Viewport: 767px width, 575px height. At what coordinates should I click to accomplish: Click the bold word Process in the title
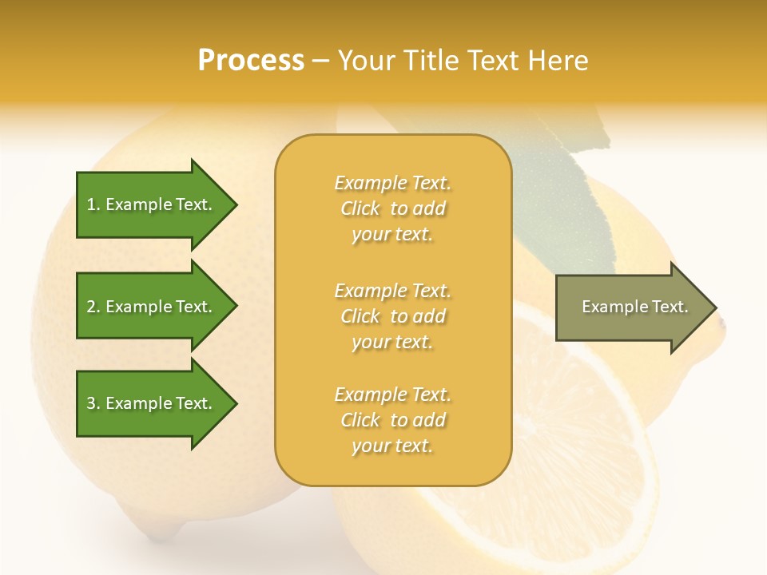pos(251,61)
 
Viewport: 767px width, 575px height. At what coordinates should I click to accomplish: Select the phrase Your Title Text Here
pos(463,61)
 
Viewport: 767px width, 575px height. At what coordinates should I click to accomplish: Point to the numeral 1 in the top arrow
pos(91,204)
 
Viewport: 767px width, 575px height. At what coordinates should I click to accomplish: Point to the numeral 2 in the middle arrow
pos(91,307)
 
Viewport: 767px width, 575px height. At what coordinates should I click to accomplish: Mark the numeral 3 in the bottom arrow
pos(91,403)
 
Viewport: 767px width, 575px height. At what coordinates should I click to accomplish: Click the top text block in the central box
pos(392,208)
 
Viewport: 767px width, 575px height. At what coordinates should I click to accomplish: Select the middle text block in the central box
pos(392,316)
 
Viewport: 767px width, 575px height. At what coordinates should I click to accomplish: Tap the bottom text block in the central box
pos(392,420)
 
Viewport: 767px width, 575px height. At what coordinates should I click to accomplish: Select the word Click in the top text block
pos(360,209)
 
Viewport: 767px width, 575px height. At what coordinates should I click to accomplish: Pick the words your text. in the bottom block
pos(392,446)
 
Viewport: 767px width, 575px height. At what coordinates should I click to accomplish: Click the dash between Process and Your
pos(321,61)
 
